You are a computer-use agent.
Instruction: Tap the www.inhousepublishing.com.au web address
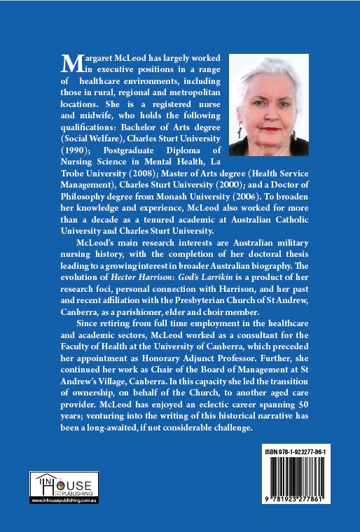[x=64, y=500]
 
